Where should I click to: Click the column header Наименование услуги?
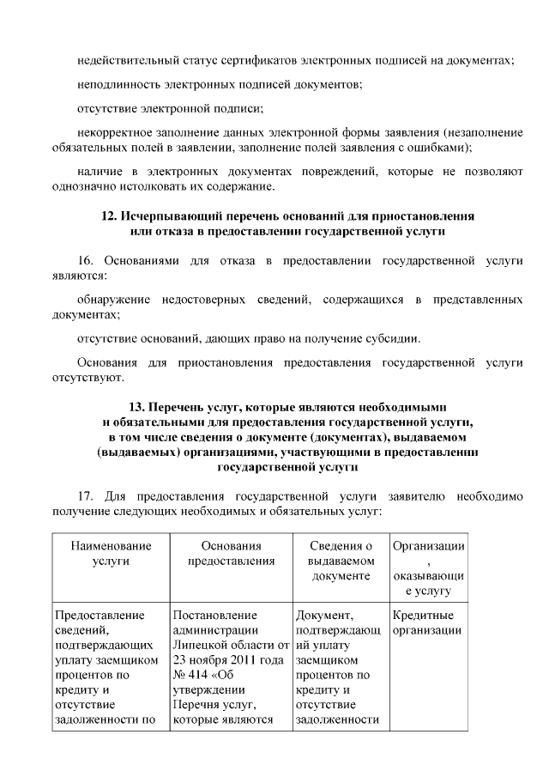pyautogui.click(x=111, y=554)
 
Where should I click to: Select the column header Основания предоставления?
pyautogui.click(x=231, y=554)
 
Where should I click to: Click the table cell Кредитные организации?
pyautogui.click(x=427, y=623)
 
